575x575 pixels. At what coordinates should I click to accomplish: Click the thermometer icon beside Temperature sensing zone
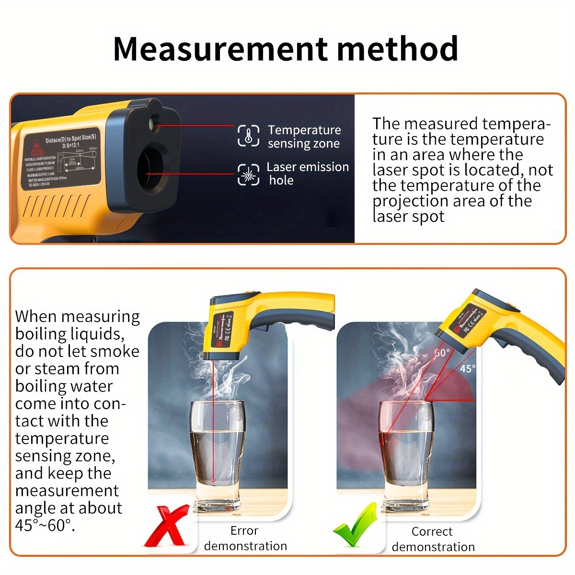coord(249,136)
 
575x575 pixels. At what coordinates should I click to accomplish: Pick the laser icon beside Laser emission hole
coord(249,174)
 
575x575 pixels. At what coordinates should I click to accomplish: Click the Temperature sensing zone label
coord(304,137)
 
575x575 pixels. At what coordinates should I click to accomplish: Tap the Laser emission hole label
coord(307,173)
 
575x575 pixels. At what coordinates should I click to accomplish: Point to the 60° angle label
coord(442,353)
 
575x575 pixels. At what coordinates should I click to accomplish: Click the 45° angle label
coord(468,368)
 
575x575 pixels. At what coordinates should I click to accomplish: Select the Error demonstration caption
coord(245,538)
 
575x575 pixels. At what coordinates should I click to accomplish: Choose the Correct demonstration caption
coord(433,539)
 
